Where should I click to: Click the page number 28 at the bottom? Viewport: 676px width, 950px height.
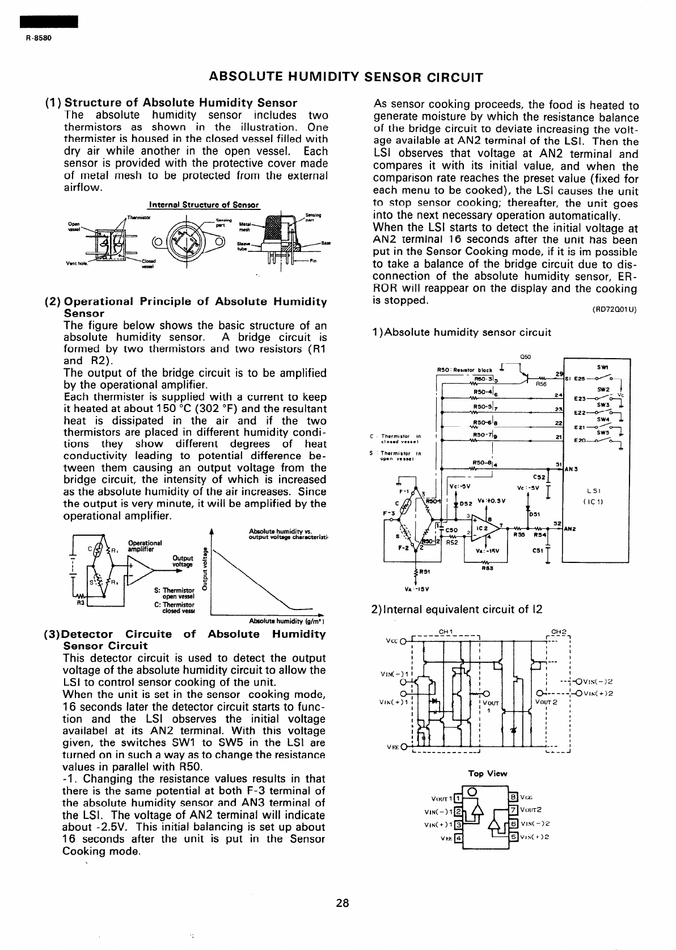point(342,903)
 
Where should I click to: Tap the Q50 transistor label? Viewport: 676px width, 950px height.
point(524,357)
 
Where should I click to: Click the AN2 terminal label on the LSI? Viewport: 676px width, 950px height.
point(571,529)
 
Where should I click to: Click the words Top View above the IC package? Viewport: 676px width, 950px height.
point(487,774)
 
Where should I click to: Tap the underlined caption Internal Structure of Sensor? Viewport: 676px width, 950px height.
point(203,205)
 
